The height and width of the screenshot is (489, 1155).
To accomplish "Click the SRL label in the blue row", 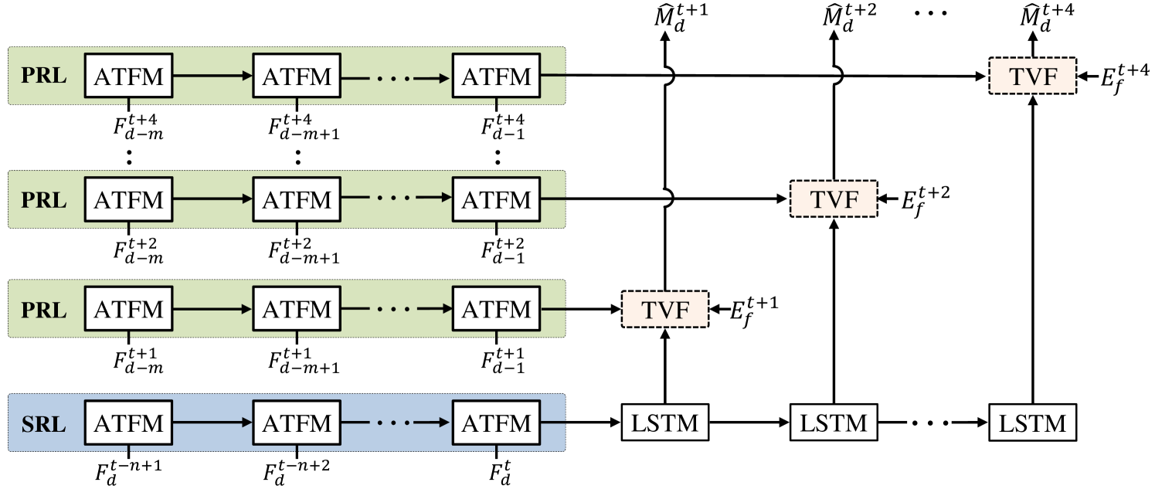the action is point(43,424).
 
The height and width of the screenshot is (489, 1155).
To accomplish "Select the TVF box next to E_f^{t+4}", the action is point(1032,76).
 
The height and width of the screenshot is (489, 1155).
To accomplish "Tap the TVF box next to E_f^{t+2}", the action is point(834,199).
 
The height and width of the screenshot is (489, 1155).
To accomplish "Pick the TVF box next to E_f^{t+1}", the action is point(665,309).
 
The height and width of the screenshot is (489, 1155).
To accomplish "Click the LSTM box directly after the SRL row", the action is point(665,423).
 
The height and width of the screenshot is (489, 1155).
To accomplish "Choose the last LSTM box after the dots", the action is point(1032,423).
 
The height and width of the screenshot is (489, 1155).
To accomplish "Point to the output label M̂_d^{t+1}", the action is point(681,19).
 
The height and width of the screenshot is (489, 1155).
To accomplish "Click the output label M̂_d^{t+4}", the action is point(1047,19).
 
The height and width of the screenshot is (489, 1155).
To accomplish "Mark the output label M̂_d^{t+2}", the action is point(849,19).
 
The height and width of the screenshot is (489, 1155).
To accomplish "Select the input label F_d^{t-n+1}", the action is point(128,473).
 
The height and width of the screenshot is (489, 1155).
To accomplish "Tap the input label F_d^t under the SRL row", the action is point(500,473).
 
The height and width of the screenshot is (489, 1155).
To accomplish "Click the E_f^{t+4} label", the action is point(1125,79).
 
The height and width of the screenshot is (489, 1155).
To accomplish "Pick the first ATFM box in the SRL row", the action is point(128,423).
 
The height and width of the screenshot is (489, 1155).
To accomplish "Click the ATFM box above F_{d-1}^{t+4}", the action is point(496,75).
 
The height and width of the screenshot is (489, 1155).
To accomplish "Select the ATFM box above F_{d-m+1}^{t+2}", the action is point(297,199).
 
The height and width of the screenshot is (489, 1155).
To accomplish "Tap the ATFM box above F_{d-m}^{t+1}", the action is point(128,309).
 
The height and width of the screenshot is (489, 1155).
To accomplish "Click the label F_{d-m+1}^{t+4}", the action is point(304,127).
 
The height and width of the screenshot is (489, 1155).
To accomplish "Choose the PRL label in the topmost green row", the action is point(44,75).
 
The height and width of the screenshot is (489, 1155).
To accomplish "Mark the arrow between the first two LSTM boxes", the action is point(749,423).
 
